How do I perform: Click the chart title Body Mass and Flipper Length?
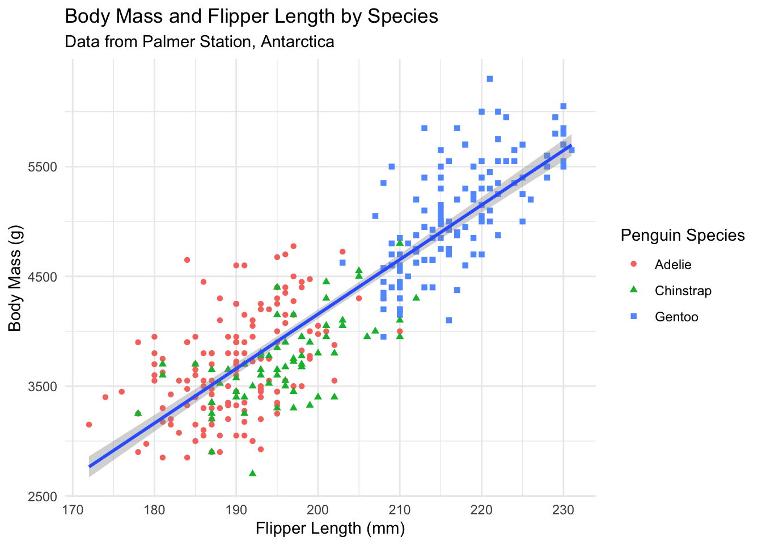[252, 16]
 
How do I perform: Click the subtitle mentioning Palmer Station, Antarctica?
[200, 42]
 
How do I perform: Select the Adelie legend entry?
[673, 265]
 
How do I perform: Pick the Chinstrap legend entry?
[683, 291]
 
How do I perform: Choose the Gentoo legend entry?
[676, 317]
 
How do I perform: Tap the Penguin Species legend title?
[683, 235]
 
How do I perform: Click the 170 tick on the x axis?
[73, 510]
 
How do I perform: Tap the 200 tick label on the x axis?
[318, 510]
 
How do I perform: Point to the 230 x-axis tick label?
[563, 510]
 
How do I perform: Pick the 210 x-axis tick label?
[400, 510]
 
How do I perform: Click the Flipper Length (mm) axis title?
[330, 529]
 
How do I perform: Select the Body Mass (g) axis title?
[15, 277]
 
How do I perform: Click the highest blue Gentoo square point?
[490, 79]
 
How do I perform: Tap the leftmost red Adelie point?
[89, 425]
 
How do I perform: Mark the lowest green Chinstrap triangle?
[252, 473]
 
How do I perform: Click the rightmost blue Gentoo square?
[571, 150]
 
